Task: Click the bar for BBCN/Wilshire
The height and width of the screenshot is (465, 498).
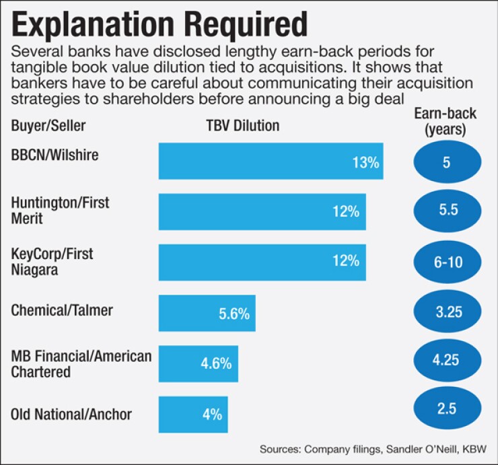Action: (271, 162)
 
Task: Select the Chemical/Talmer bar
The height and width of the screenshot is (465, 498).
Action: (207, 313)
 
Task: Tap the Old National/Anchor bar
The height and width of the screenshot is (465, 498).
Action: (193, 415)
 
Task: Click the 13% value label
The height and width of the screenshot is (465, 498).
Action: (366, 162)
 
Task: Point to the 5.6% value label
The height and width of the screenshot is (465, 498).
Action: (234, 314)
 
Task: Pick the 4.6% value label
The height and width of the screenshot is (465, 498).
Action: (216, 363)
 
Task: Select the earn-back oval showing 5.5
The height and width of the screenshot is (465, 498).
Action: (448, 210)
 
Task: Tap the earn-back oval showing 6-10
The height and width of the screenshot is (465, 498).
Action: (448, 261)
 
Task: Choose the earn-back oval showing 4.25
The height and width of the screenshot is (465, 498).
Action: (448, 359)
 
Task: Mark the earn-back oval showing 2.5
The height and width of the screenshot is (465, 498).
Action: (448, 408)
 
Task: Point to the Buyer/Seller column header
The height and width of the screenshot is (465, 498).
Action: (48, 126)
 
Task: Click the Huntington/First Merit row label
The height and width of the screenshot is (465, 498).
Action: (60, 211)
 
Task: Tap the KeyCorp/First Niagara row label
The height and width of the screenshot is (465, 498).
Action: (52, 262)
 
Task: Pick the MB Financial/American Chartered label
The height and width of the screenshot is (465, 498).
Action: (81, 363)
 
